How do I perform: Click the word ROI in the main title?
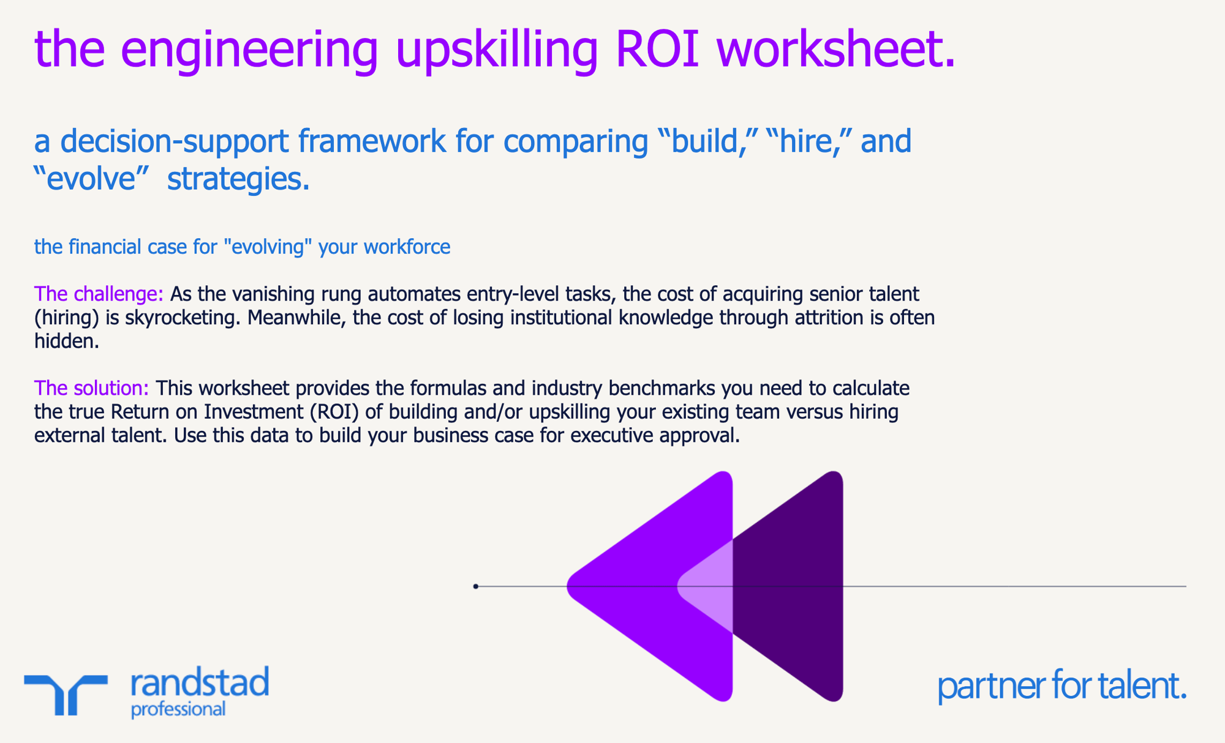point(657,49)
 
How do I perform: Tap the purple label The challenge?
point(99,294)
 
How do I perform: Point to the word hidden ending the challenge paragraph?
point(66,342)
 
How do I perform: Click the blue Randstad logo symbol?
point(66,693)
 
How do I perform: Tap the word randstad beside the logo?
point(200,683)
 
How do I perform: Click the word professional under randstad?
point(178,709)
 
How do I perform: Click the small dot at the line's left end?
point(476,586)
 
